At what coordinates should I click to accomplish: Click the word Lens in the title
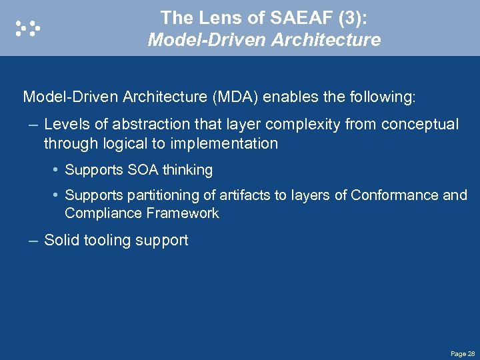tap(214, 17)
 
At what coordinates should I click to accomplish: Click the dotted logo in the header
tap(28, 28)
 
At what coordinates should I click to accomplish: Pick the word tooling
tap(110, 240)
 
